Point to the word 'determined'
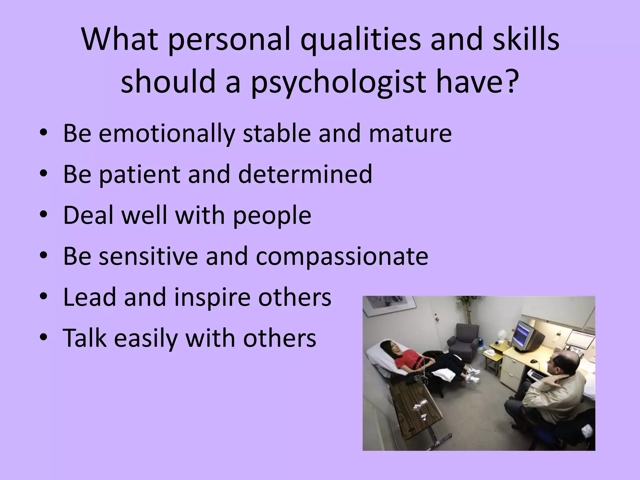[x=305, y=174]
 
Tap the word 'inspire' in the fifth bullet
[x=212, y=297]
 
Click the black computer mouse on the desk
[x=534, y=361]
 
